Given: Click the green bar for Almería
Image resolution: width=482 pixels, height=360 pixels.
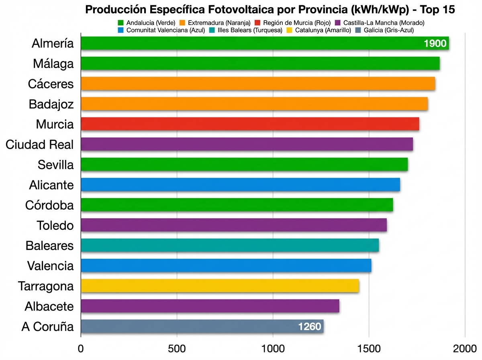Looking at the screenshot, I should pos(249,43).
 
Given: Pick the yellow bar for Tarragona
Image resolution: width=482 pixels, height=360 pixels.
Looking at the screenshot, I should pos(220,286).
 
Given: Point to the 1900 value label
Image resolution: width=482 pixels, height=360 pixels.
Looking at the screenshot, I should pos(435,43).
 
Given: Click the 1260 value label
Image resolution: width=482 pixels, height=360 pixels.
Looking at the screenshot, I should pos(310,327).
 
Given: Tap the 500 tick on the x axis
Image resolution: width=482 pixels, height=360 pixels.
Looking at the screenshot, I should pos(177,348).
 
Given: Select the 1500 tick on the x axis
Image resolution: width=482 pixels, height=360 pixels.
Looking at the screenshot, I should pos(369,348).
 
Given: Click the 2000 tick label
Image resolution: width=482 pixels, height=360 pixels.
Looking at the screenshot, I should pos(465,348).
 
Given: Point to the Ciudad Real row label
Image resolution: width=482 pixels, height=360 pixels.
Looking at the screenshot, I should pos(40,145).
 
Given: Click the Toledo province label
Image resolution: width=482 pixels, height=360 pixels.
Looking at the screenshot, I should pos(55,225).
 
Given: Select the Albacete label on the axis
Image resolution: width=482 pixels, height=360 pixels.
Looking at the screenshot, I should pos(49,307).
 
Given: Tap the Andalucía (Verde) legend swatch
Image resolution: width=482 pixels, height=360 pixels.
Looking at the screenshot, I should pos(120,23).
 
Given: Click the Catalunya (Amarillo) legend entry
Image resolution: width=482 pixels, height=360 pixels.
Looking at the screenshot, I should pos(319,30).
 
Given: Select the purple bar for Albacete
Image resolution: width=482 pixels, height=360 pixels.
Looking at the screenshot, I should pos(210,306).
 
